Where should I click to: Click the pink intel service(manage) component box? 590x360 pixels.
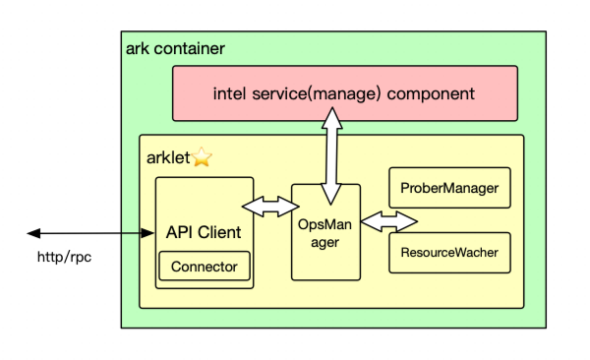pos(344,93)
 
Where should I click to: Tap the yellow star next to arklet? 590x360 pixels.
pos(201,157)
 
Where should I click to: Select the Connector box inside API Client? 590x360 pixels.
pos(204,266)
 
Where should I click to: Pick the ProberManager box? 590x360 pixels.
pos(450,187)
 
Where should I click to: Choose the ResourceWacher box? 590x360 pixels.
pos(450,253)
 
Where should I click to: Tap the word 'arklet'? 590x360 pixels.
pos(167,157)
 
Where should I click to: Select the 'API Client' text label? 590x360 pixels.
pos(204,232)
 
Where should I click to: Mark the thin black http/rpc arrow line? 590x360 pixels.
pos(88,233)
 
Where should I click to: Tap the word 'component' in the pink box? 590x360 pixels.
pos(430,94)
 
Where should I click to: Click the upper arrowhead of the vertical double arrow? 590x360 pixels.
pos(332,113)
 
